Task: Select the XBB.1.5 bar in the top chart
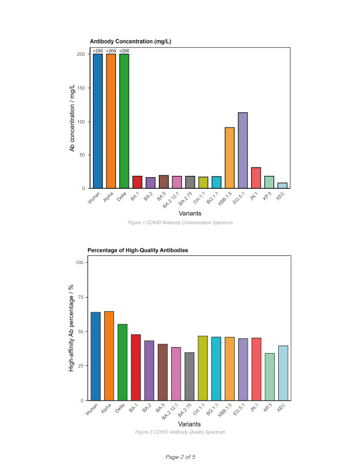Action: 229,158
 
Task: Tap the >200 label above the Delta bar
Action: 124,51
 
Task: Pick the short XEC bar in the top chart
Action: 282,185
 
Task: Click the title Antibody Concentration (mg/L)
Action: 131,41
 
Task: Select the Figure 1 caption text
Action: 180,223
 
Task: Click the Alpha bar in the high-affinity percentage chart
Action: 109,355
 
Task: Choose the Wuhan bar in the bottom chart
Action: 95,356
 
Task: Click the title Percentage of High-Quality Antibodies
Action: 138,251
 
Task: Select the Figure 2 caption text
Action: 180,432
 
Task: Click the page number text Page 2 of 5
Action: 180,457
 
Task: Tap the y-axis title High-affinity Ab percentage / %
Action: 72,331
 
